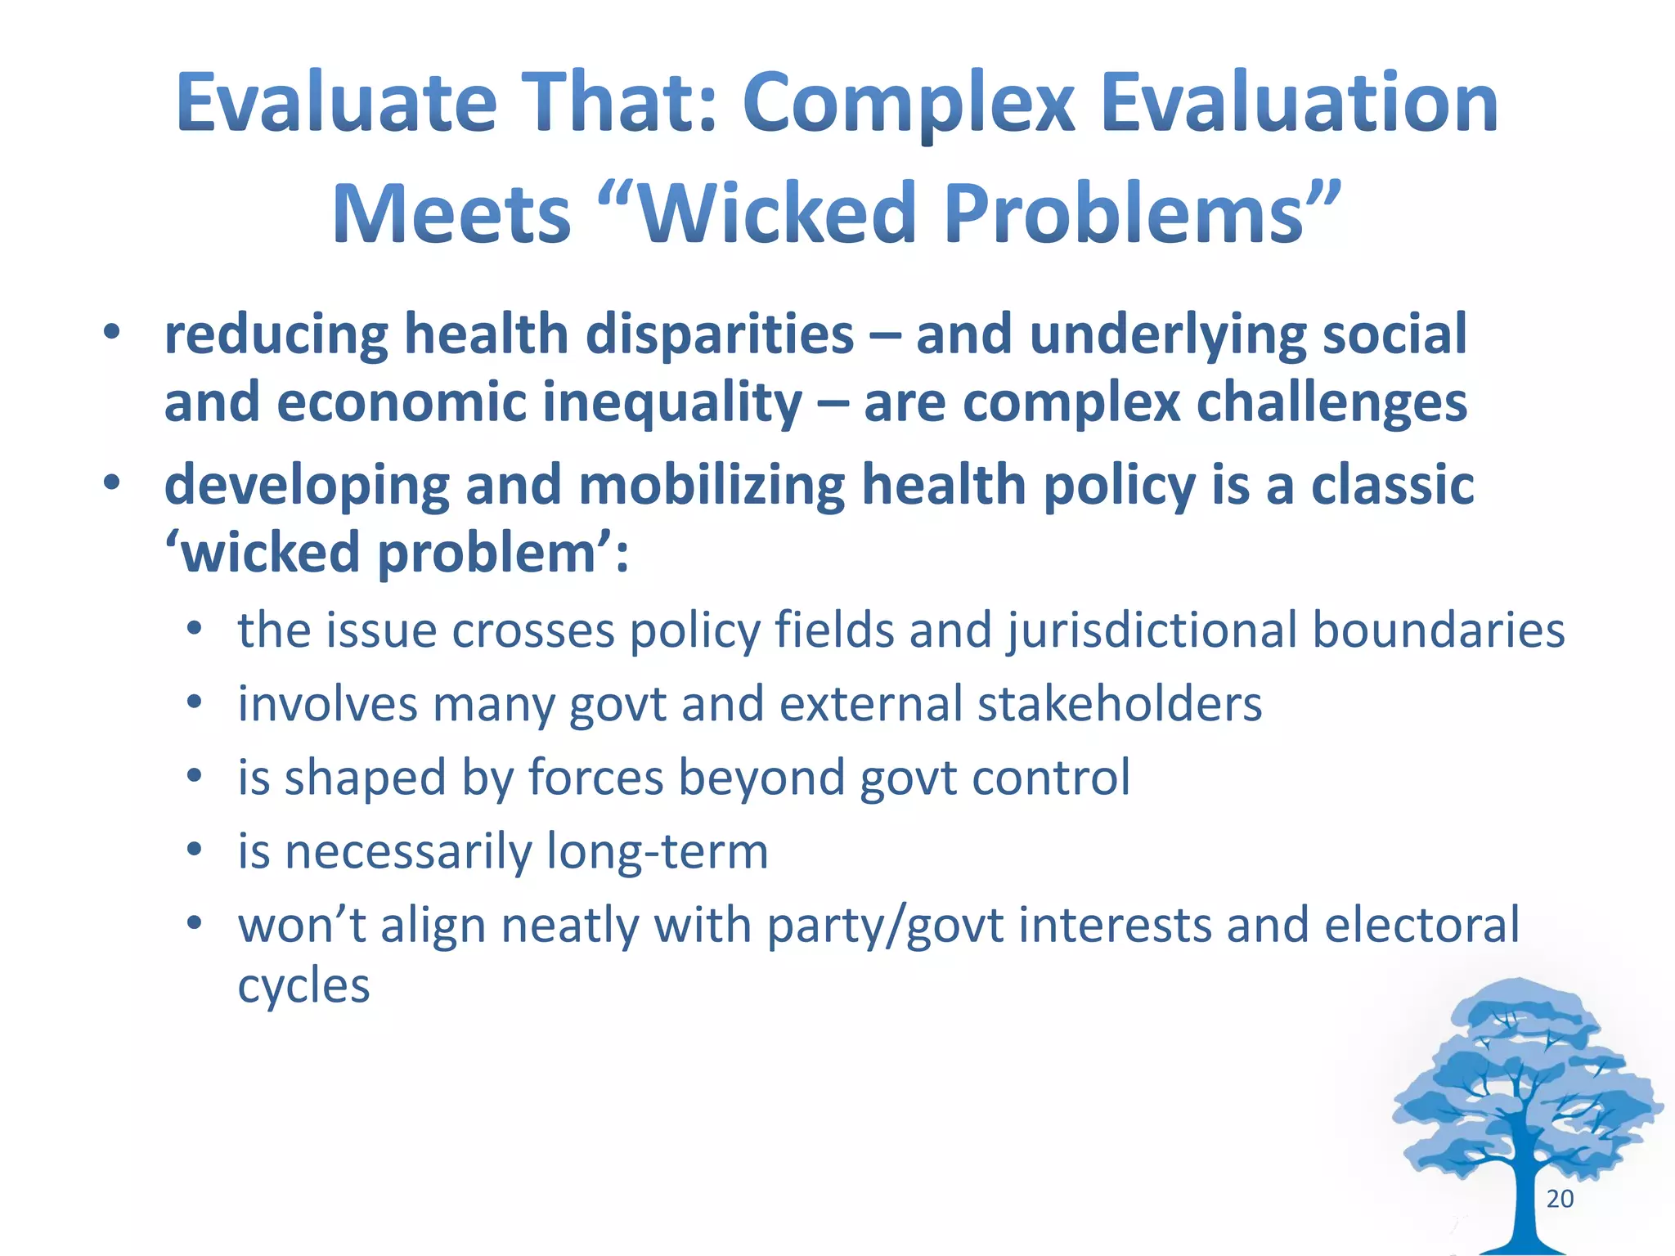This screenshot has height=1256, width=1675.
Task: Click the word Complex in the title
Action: [x=909, y=104]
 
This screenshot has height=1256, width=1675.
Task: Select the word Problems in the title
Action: [x=1125, y=214]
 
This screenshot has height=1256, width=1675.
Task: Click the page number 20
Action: [x=1560, y=1199]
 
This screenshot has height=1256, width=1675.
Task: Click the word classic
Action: [x=1392, y=485]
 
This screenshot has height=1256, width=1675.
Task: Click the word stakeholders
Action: [x=1120, y=704]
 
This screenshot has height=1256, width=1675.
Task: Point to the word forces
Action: [x=595, y=778]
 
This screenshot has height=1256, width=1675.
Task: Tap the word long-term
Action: [x=658, y=851]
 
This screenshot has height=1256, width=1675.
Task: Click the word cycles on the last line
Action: [x=303, y=986]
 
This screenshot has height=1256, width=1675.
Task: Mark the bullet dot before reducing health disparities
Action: [x=111, y=333]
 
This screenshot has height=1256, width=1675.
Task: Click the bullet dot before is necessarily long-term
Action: [x=194, y=850]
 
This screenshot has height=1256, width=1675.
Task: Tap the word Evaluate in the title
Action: [x=336, y=104]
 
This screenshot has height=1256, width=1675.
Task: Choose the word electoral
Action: [x=1421, y=925]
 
